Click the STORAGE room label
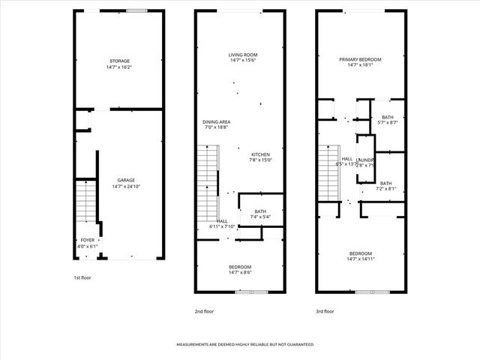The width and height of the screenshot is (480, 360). click(120, 61)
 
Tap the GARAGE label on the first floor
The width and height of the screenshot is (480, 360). click(125, 180)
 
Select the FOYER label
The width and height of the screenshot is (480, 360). click(88, 240)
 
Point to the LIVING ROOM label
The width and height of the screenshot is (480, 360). click(243, 54)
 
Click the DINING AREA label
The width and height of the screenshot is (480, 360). click(216, 121)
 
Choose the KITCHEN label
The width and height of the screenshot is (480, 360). click(259, 154)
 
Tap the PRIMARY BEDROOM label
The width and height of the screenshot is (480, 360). click(360, 59)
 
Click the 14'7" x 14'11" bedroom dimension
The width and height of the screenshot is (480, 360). click(360, 259)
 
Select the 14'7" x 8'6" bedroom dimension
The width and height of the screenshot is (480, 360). click(240, 273)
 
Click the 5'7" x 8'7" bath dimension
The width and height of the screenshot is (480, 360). click(387, 123)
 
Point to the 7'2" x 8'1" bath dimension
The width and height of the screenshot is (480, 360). click(385, 189)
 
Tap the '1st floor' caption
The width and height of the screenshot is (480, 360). click(82, 278)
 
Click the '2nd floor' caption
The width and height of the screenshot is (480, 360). click(204, 310)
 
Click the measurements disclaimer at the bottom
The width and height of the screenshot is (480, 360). click(244, 344)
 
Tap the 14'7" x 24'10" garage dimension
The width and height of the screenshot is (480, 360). click(125, 186)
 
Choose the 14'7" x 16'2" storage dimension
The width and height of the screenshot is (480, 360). click(120, 67)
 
